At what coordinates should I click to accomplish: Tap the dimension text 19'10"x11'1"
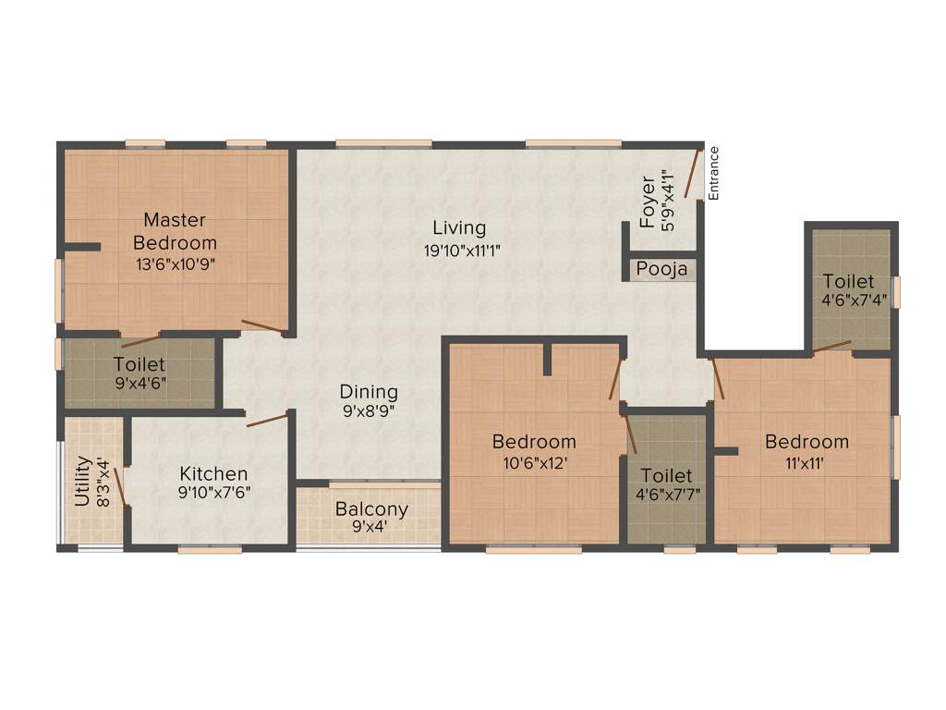tap(459, 250)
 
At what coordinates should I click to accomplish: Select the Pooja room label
tap(661, 270)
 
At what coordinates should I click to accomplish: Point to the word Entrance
tap(713, 173)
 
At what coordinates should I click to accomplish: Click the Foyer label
tap(649, 202)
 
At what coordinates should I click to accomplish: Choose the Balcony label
tap(371, 509)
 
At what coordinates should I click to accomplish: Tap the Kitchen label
tap(213, 473)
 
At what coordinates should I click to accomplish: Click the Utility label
tap(82, 481)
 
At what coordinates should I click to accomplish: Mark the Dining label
tap(369, 392)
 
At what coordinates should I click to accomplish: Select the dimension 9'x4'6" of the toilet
tap(139, 384)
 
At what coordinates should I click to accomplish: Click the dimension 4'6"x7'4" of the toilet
tap(854, 300)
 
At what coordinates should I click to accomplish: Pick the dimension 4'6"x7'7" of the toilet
tap(668, 494)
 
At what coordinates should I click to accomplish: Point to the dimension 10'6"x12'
tap(534, 461)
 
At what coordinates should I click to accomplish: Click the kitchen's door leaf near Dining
tap(267, 420)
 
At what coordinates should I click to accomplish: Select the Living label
tap(459, 228)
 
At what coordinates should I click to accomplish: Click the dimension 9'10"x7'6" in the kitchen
tap(213, 493)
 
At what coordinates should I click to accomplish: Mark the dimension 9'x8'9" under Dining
tap(369, 412)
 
